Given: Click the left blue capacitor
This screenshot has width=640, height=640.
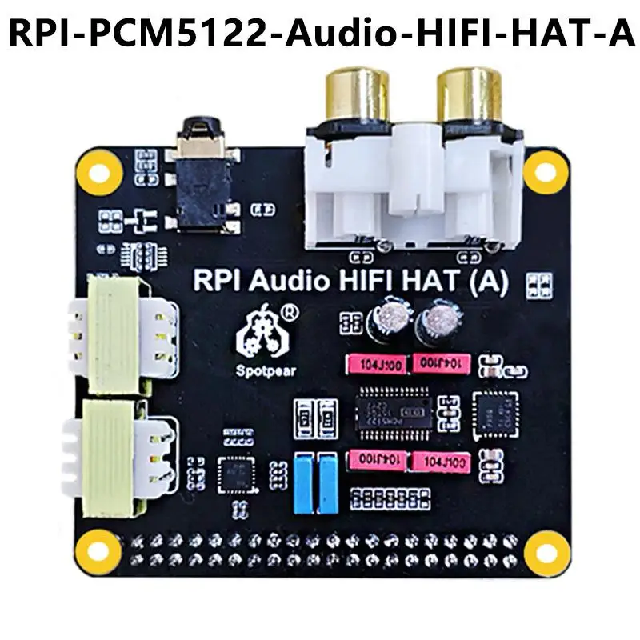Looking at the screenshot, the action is (305, 482).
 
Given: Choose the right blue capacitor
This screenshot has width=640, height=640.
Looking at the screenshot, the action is (327, 482).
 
